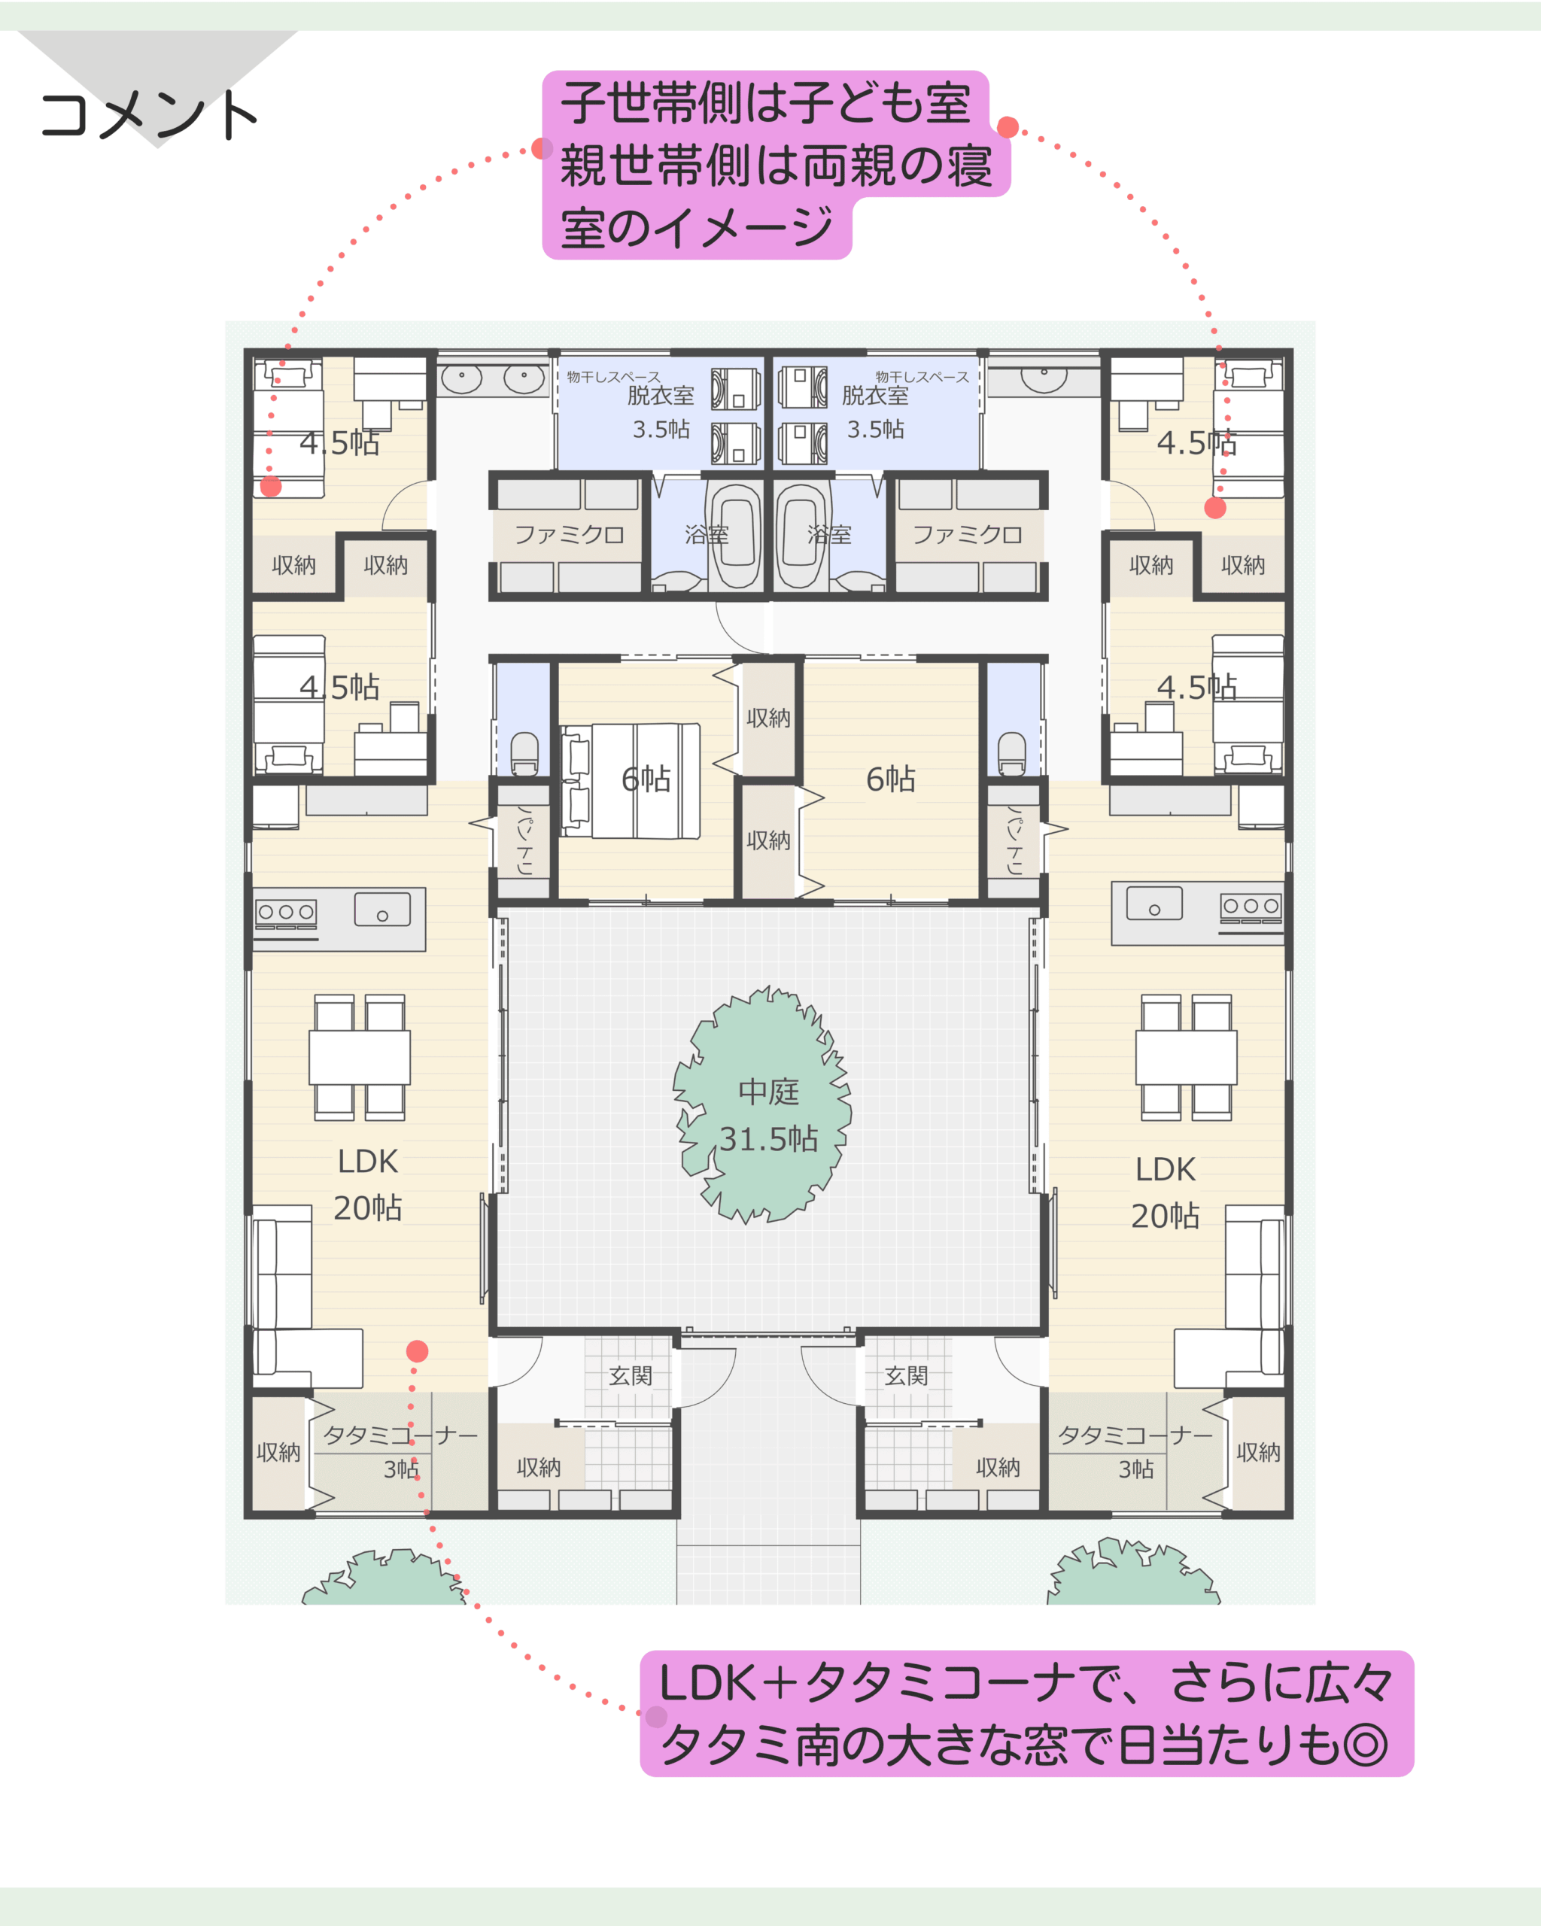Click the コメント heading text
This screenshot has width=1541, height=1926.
[x=149, y=115]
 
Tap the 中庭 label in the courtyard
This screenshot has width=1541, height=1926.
[x=768, y=1092]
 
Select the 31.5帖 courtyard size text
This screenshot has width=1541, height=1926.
[x=768, y=1139]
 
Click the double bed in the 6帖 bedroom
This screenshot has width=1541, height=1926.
[x=631, y=781]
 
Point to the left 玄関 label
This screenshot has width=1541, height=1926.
[x=631, y=1376]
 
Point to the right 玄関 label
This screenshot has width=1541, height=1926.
[x=906, y=1376]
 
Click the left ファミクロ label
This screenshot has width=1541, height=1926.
[x=569, y=535]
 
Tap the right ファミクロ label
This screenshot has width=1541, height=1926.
[x=968, y=535]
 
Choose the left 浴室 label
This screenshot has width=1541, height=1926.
[x=707, y=535]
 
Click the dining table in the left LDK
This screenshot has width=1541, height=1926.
[x=360, y=1058]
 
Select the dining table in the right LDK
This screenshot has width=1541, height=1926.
[x=1187, y=1058]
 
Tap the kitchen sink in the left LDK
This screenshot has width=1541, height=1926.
[x=382, y=910]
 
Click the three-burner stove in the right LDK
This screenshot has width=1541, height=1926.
[x=1251, y=907]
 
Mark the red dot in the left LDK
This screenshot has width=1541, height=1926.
[x=417, y=1352]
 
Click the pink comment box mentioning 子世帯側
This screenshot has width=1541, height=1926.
[x=776, y=166]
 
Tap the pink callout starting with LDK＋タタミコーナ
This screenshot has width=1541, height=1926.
[x=1026, y=1713]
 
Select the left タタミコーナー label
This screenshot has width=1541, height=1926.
[x=401, y=1435]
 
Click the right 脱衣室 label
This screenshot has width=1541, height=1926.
[x=876, y=395]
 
